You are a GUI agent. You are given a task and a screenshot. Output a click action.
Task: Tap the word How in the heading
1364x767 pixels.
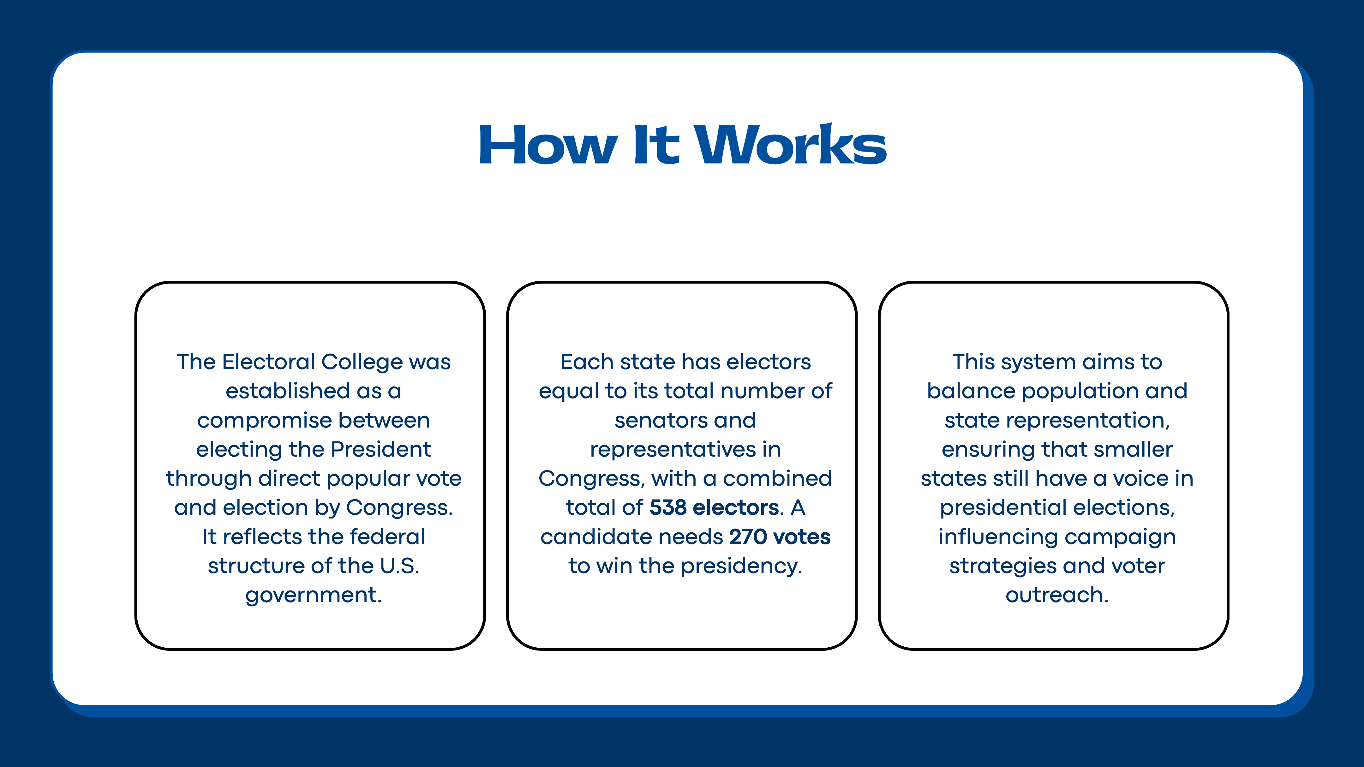tap(548, 145)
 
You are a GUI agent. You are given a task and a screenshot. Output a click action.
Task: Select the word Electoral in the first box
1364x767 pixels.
tap(269, 362)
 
